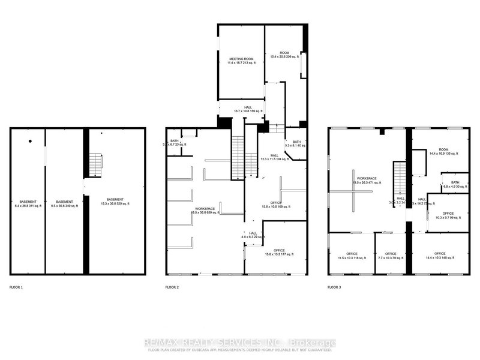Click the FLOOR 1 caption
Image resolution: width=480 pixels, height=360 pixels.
[x=16, y=287]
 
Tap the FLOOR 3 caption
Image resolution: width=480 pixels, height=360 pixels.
[x=334, y=287]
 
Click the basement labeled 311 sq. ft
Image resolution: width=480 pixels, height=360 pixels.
[x=28, y=203]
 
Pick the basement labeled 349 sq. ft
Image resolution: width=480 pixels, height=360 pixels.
[x=64, y=203]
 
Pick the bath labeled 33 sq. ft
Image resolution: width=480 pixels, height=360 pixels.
[x=454, y=184]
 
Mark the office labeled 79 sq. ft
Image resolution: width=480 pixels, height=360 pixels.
[x=391, y=256]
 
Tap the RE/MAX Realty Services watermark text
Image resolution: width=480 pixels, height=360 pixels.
[x=240, y=343]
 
